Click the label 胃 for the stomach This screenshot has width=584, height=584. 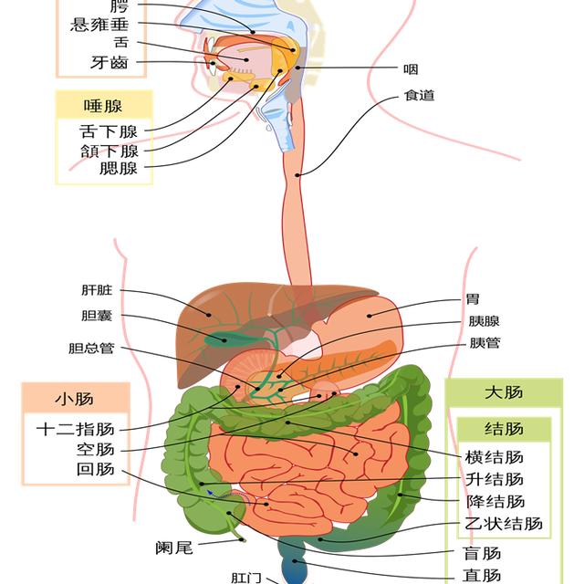[472, 298]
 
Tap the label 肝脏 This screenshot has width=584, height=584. [97, 291]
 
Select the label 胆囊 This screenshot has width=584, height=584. [97, 316]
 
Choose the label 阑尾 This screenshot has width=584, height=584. [173, 547]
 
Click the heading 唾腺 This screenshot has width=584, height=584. [102, 105]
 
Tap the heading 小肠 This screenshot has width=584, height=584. [74, 399]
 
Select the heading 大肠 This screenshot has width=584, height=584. [504, 392]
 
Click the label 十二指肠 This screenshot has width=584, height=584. [76, 428]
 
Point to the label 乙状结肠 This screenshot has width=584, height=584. [504, 524]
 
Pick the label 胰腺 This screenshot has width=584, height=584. [485, 321]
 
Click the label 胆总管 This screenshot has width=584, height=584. [91, 348]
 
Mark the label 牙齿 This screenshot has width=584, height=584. [109, 63]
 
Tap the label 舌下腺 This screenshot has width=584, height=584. [109, 131]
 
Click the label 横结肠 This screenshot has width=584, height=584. [494, 457]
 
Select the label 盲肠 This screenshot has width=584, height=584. [482, 553]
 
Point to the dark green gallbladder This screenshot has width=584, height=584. [217, 339]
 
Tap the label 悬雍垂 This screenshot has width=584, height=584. [106, 25]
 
